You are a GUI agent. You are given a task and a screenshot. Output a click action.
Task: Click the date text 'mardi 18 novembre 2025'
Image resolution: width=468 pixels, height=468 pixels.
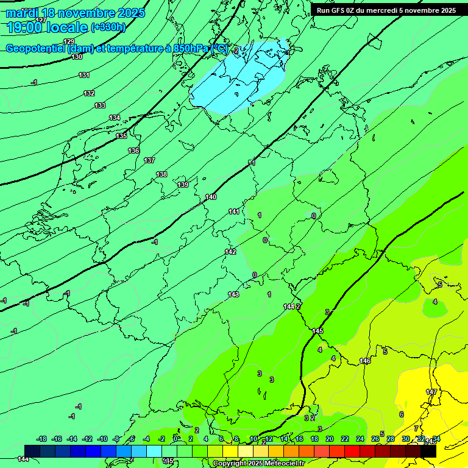(76, 13)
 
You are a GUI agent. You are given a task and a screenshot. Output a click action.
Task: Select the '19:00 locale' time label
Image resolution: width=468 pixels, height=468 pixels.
(48, 27)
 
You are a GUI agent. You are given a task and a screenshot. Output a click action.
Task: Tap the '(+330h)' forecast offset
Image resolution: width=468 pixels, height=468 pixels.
(108, 27)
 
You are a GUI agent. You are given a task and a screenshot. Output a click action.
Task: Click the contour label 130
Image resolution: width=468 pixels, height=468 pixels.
(77, 57)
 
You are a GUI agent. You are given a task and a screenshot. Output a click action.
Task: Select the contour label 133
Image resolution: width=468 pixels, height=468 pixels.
(100, 105)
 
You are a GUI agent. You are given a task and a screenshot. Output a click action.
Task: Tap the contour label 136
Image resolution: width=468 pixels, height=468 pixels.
(133, 151)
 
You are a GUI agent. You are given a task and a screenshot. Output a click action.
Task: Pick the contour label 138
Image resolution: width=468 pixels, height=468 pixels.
(161, 174)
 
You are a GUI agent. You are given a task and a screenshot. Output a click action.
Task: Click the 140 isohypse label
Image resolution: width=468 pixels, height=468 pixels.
(211, 197)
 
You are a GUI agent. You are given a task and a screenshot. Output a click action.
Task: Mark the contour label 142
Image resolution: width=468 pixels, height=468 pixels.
(230, 252)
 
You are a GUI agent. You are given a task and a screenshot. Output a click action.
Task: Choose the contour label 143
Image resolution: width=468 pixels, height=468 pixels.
(233, 294)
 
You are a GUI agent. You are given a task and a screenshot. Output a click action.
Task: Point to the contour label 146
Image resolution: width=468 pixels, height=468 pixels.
(365, 361)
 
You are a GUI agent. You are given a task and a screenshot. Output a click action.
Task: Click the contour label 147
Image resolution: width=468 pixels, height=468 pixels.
(431, 392)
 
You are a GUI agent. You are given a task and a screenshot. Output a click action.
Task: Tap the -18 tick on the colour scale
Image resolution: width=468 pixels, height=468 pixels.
(41, 439)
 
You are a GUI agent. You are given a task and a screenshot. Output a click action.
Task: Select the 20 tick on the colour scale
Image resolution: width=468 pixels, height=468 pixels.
(329, 439)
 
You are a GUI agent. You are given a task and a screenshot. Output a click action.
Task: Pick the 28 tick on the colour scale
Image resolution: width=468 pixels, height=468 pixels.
(391, 439)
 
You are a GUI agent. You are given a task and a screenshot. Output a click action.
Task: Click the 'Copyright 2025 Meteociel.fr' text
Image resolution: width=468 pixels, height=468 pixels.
(258, 464)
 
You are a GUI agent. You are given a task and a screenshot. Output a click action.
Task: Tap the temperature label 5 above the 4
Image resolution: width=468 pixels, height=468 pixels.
(440, 285)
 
